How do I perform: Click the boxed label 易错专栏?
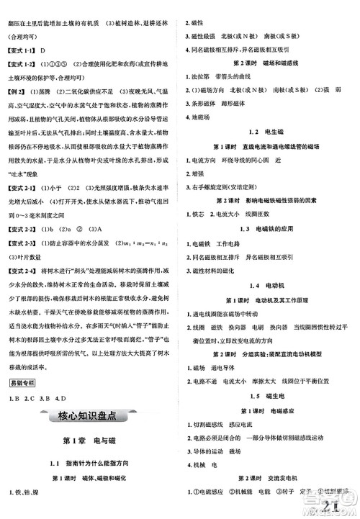(21, 382)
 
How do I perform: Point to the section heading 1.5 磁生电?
(268, 394)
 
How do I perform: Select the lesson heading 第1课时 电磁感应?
(268, 409)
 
